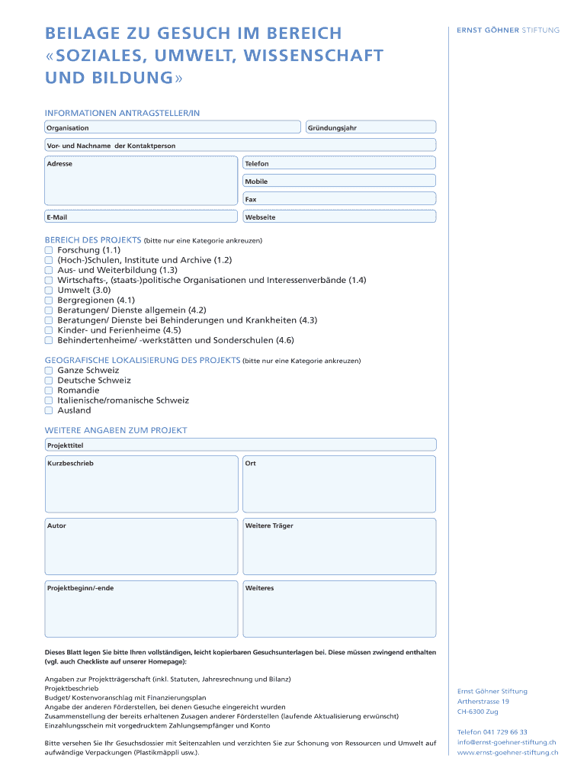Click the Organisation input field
(x=173, y=127)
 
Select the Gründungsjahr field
(x=370, y=127)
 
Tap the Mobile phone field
(x=339, y=181)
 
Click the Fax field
(x=339, y=199)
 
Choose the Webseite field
(x=339, y=217)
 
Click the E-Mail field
(x=141, y=217)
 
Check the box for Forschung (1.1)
(x=49, y=250)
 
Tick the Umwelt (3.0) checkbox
(x=49, y=291)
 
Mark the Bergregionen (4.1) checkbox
(x=49, y=301)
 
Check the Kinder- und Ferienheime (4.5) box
(x=49, y=330)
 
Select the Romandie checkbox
(x=49, y=390)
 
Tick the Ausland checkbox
(x=49, y=410)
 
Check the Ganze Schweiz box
(x=49, y=370)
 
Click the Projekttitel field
(x=240, y=444)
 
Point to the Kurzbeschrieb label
(x=70, y=463)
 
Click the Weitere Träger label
(x=269, y=525)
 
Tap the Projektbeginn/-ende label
(x=81, y=588)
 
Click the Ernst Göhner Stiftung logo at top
(x=508, y=31)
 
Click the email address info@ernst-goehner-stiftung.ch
(x=506, y=742)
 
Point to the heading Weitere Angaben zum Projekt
(x=116, y=430)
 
